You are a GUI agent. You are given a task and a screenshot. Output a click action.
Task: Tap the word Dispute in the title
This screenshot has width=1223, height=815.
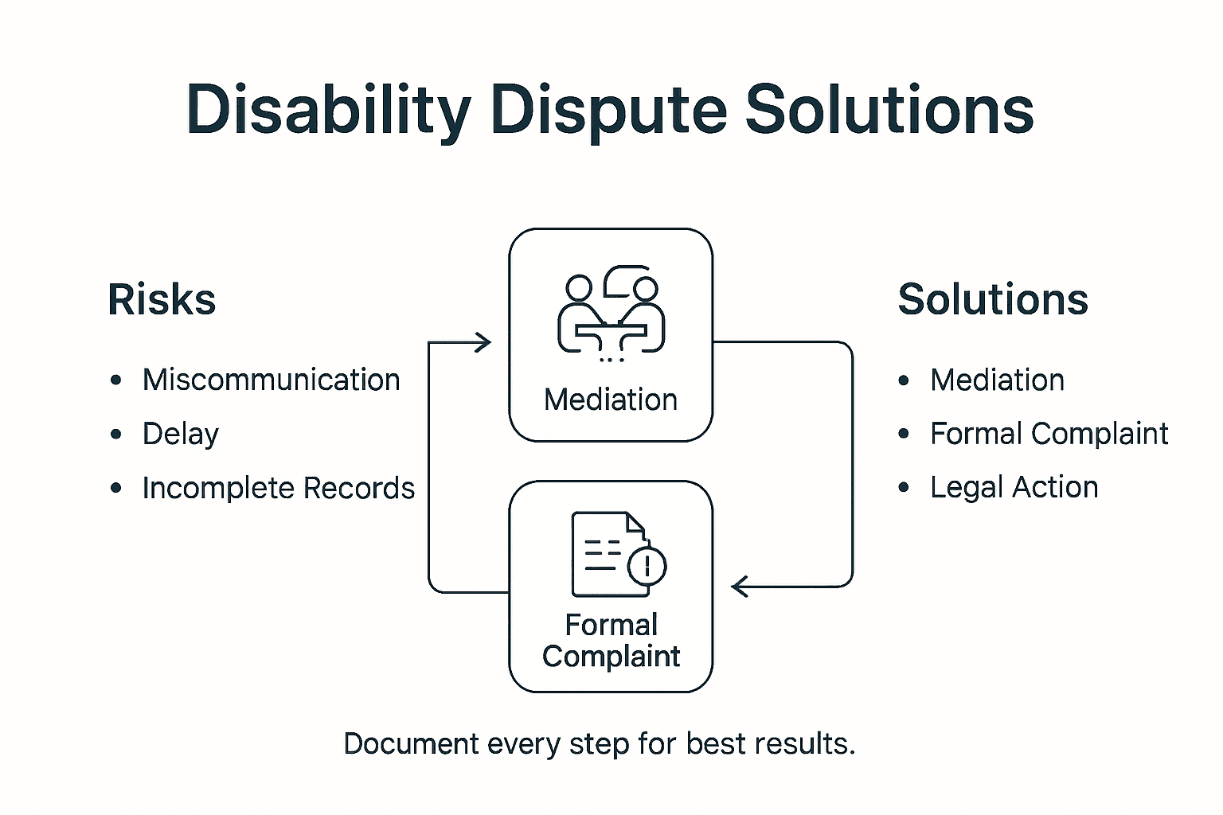tap(609, 110)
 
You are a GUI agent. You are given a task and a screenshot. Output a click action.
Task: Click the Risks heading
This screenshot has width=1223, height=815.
tap(162, 300)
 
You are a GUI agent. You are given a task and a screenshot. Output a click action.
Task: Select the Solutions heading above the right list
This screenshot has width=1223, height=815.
tap(992, 300)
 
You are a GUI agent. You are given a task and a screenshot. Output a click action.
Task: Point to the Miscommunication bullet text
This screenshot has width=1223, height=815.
tap(271, 380)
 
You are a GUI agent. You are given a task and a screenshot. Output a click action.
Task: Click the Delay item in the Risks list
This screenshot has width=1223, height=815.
tap(180, 435)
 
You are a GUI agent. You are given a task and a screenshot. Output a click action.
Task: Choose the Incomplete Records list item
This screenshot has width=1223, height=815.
tap(278, 488)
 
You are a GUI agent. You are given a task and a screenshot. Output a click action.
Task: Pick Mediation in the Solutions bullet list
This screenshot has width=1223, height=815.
tap(997, 380)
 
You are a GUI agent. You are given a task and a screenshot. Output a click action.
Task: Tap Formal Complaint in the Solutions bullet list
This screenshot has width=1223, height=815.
tap(1049, 435)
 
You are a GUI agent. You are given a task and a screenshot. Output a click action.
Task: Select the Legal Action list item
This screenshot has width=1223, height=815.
tap(1014, 487)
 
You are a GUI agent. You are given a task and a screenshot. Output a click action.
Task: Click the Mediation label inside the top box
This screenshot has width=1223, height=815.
tap(611, 400)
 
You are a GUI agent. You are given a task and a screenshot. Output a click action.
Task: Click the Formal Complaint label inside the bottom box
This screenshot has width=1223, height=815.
tap(611, 641)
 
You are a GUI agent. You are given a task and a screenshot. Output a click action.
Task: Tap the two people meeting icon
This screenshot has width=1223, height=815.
tap(611, 318)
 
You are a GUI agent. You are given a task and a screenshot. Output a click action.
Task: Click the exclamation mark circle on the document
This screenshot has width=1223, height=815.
tap(647, 566)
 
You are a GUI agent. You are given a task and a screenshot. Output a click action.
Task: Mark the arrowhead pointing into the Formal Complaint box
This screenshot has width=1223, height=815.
tap(740, 587)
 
